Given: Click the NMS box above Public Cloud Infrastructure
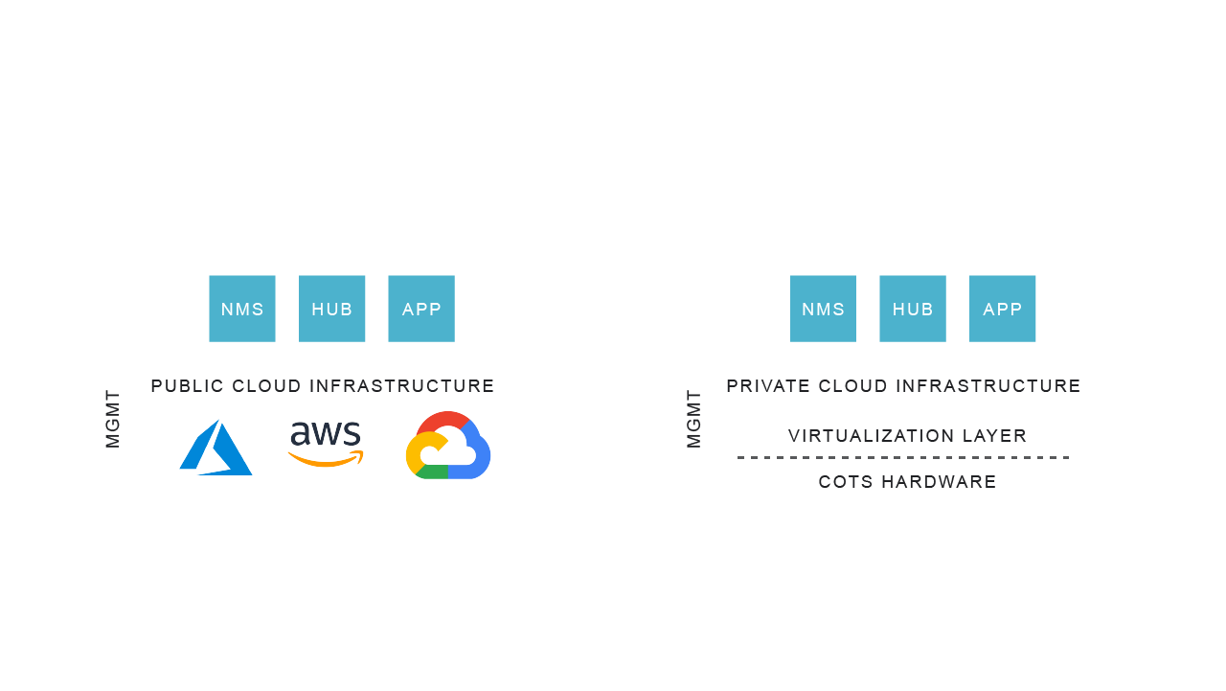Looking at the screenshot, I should [x=242, y=309].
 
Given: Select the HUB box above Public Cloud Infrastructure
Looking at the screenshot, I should [x=331, y=309].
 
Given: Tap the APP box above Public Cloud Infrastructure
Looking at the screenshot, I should [x=421, y=309].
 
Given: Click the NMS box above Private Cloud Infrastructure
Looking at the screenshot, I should [x=823, y=309].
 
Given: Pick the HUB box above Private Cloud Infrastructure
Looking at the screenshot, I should [x=913, y=309].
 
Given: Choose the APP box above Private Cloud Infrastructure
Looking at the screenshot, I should [x=1002, y=309].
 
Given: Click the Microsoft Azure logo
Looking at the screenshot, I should [x=216, y=448].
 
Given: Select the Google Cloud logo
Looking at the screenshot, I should [x=448, y=446].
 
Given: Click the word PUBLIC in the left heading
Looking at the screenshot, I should [x=187, y=386].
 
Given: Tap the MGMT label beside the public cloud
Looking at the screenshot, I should [x=113, y=419].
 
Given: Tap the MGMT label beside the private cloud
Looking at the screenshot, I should [x=694, y=419].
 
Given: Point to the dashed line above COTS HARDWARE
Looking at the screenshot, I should [x=903, y=458].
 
